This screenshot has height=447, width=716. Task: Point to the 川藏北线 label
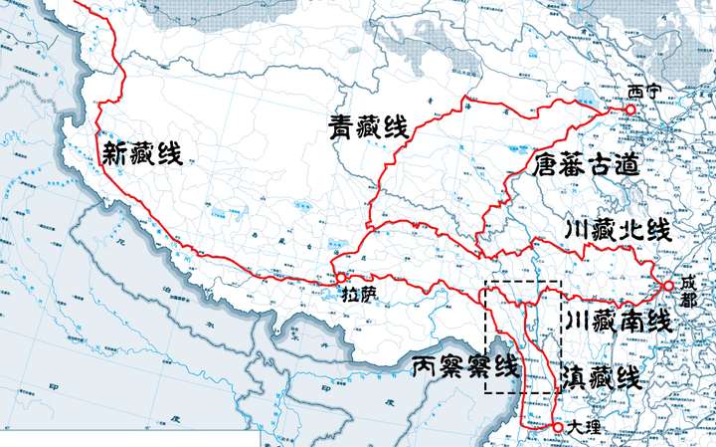click(x=618, y=231)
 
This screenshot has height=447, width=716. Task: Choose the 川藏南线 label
click(x=617, y=322)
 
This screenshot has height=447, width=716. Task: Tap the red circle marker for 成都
click(x=667, y=286)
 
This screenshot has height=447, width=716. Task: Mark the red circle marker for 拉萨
click(x=341, y=278)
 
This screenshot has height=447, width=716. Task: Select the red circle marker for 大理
click(x=559, y=427)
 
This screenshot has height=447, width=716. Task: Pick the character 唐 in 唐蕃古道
click(x=545, y=164)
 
